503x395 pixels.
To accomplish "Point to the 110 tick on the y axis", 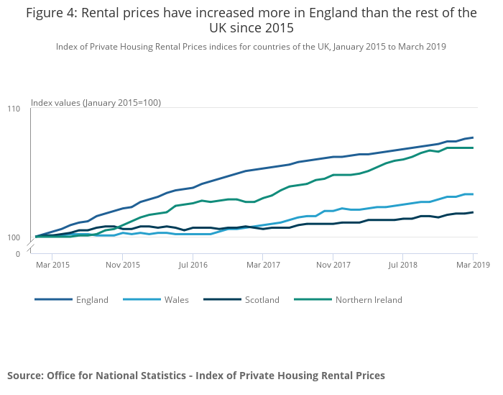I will coord(14,109).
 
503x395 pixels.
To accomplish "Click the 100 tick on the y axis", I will coord(14,237).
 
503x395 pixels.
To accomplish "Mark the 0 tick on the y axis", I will coord(18,253).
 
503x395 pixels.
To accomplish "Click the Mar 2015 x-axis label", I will coord(53,265).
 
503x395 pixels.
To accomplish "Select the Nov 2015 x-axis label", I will coord(123,265).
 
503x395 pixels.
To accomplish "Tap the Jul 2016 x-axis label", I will coord(193,265).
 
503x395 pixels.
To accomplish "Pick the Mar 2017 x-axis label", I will coord(263,265).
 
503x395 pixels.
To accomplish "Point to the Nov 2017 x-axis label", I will coord(333,265).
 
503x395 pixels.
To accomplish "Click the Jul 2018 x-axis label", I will coord(402,265).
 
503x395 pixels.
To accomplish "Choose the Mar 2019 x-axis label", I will coord(472,265).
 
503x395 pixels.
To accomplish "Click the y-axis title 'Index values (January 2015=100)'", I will coord(96,103).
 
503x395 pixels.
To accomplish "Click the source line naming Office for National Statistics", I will coord(196,376).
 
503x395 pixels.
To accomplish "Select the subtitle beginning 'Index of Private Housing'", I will coord(251,46).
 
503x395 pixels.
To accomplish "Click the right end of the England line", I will coord(472,137).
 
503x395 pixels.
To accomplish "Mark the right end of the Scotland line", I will coord(472,212).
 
